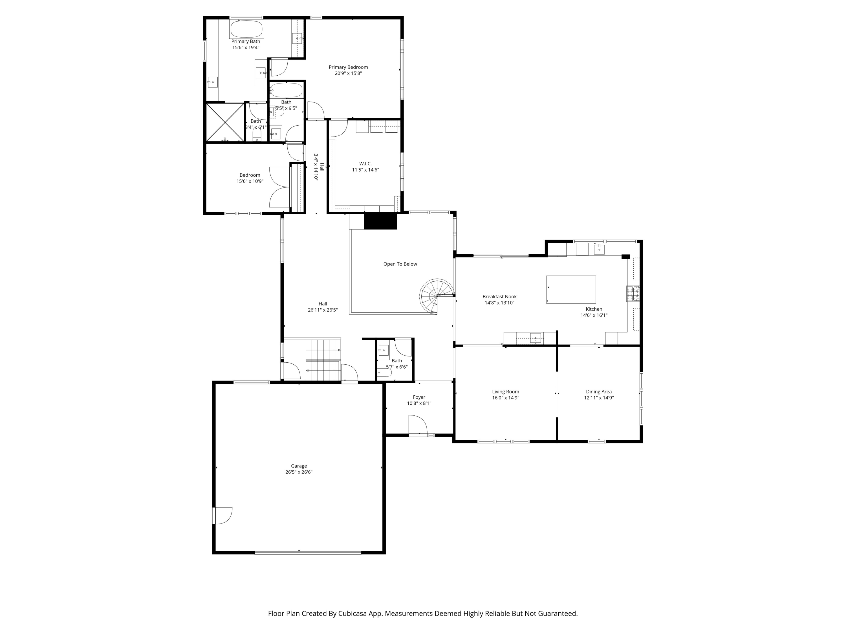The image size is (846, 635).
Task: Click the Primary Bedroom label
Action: pos(348,67)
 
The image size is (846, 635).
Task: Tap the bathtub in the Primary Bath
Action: pos(246,29)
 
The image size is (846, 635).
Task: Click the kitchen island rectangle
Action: pos(571,290)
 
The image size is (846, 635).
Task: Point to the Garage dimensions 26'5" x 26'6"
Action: pos(299,472)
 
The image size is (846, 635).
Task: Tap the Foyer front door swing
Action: pos(418,425)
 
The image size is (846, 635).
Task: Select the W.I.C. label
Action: pos(365,163)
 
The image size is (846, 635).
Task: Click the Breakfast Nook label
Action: pos(499,296)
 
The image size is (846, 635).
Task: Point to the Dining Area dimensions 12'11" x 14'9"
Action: pos(599,398)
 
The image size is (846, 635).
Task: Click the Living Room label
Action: pos(506,391)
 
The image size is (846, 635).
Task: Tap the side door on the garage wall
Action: pos(222,516)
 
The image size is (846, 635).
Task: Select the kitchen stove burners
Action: pos(633,294)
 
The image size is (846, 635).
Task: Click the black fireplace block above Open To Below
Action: pos(380,221)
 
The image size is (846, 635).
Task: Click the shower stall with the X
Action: pos(225,122)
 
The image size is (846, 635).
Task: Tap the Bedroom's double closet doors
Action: pos(279,187)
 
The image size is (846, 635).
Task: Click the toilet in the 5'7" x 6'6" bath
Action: pos(385,372)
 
